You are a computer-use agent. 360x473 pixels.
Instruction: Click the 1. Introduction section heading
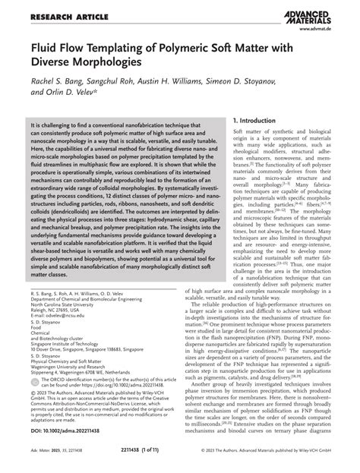click(x=261, y=121)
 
